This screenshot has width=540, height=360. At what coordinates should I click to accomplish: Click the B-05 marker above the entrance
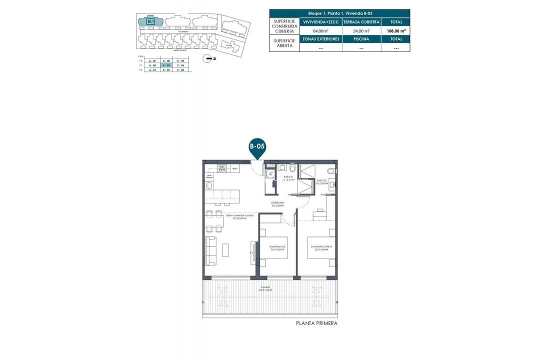click(x=257, y=146)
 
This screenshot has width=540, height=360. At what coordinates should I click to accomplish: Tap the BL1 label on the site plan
click(x=150, y=21)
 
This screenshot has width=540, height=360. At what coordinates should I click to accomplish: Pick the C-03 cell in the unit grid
click(x=181, y=70)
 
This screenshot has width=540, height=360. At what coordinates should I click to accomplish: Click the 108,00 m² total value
click(x=395, y=30)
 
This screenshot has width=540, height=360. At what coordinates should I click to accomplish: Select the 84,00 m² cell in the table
click(x=320, y=30)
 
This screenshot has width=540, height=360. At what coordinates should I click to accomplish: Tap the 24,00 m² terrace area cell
click(x=361, y=30)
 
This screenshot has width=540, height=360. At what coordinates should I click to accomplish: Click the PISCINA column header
click(x=361, y=39)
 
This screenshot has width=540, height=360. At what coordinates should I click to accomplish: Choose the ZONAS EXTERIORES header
click(x=320, y=39)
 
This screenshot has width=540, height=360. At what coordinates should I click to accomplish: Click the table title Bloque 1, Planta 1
click(x=339, y=13)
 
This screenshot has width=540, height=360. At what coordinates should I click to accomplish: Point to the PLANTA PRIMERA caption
click(x=317, y=323)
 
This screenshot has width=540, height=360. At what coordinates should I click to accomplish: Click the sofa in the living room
click(x=211, y=251)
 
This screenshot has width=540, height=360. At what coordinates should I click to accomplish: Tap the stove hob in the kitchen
click(x=221, y=168)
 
